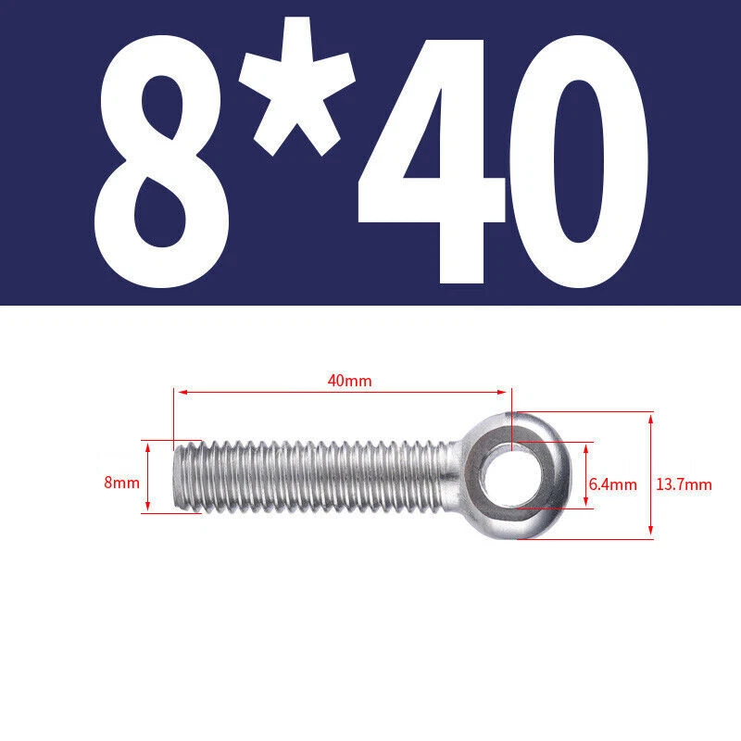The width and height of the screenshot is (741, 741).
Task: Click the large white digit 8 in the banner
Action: [x=161, y=160]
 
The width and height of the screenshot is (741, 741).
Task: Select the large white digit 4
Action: [x=432, y=160]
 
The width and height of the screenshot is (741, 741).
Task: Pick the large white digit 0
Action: [x=578, y=160]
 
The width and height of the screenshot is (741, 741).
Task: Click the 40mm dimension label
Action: [x=350, y=381]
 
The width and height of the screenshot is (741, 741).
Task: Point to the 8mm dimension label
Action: [x=122, y=483]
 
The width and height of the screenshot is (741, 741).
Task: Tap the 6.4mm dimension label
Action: [x=613, y=484]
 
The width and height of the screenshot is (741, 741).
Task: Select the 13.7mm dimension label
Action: [x=684, y=484]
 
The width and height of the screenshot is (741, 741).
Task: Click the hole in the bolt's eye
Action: [x=512, y=475]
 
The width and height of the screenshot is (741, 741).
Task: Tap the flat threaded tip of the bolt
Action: [x=178, y=476]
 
